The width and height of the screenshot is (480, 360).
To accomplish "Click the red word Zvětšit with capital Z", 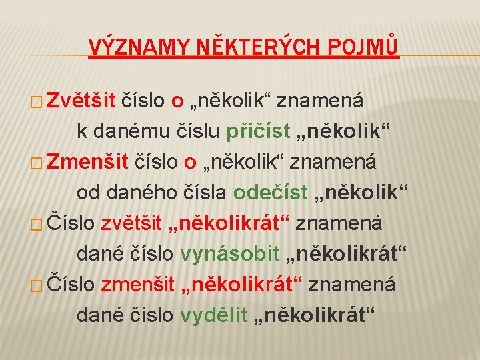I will tap(81, 101).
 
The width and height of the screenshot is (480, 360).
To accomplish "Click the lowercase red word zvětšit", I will tap(131, 223).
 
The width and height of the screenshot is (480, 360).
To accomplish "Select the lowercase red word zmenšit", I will tap(138, 285).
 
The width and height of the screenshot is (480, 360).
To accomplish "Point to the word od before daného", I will tap(87, 193).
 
